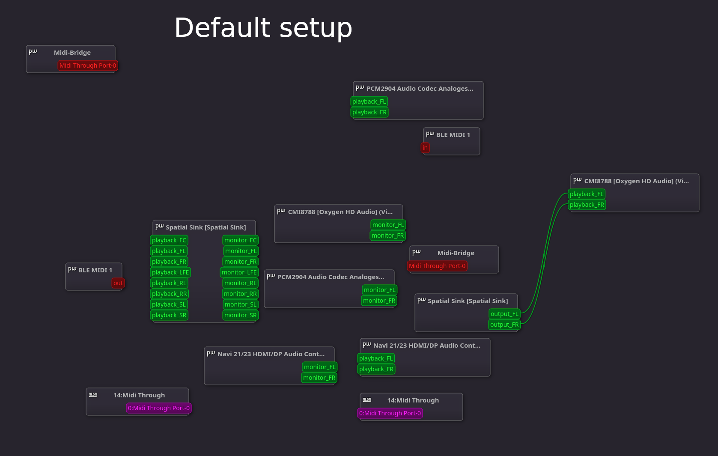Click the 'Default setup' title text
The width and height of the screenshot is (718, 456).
pos(263,28)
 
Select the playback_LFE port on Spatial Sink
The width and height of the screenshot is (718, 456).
pos(170,272)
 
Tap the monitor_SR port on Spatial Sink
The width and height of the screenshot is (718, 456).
pos(240,315)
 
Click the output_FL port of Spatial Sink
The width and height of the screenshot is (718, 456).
pos(504,314)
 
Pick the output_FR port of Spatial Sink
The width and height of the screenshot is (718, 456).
pos(504,325)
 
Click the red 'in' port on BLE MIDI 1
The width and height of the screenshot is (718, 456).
pos(425,148)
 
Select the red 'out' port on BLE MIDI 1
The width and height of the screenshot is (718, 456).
pos(118,283)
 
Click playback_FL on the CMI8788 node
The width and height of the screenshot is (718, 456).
pos(586,194)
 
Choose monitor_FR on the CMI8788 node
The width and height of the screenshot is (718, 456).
pos(387,235)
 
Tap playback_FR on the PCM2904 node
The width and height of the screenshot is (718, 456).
pos(369,112)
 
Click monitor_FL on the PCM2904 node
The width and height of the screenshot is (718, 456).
pos(379,290)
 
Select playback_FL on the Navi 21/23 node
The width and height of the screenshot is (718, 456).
pos(375,358)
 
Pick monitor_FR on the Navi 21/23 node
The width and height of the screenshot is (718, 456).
pos(319,378)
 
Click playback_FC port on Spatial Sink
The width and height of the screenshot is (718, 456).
pos(169,240)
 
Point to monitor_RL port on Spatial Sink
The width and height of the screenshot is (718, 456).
pos(240,283)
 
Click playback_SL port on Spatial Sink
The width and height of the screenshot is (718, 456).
pos(169,304)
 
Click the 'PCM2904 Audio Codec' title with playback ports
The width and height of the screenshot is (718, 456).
pos(420,89)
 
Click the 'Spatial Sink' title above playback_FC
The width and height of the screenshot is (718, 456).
pos(206,227)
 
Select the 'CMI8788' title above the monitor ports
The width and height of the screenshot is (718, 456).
pos(340,212)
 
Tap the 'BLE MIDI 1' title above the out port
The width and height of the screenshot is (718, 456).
pos(95,270)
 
